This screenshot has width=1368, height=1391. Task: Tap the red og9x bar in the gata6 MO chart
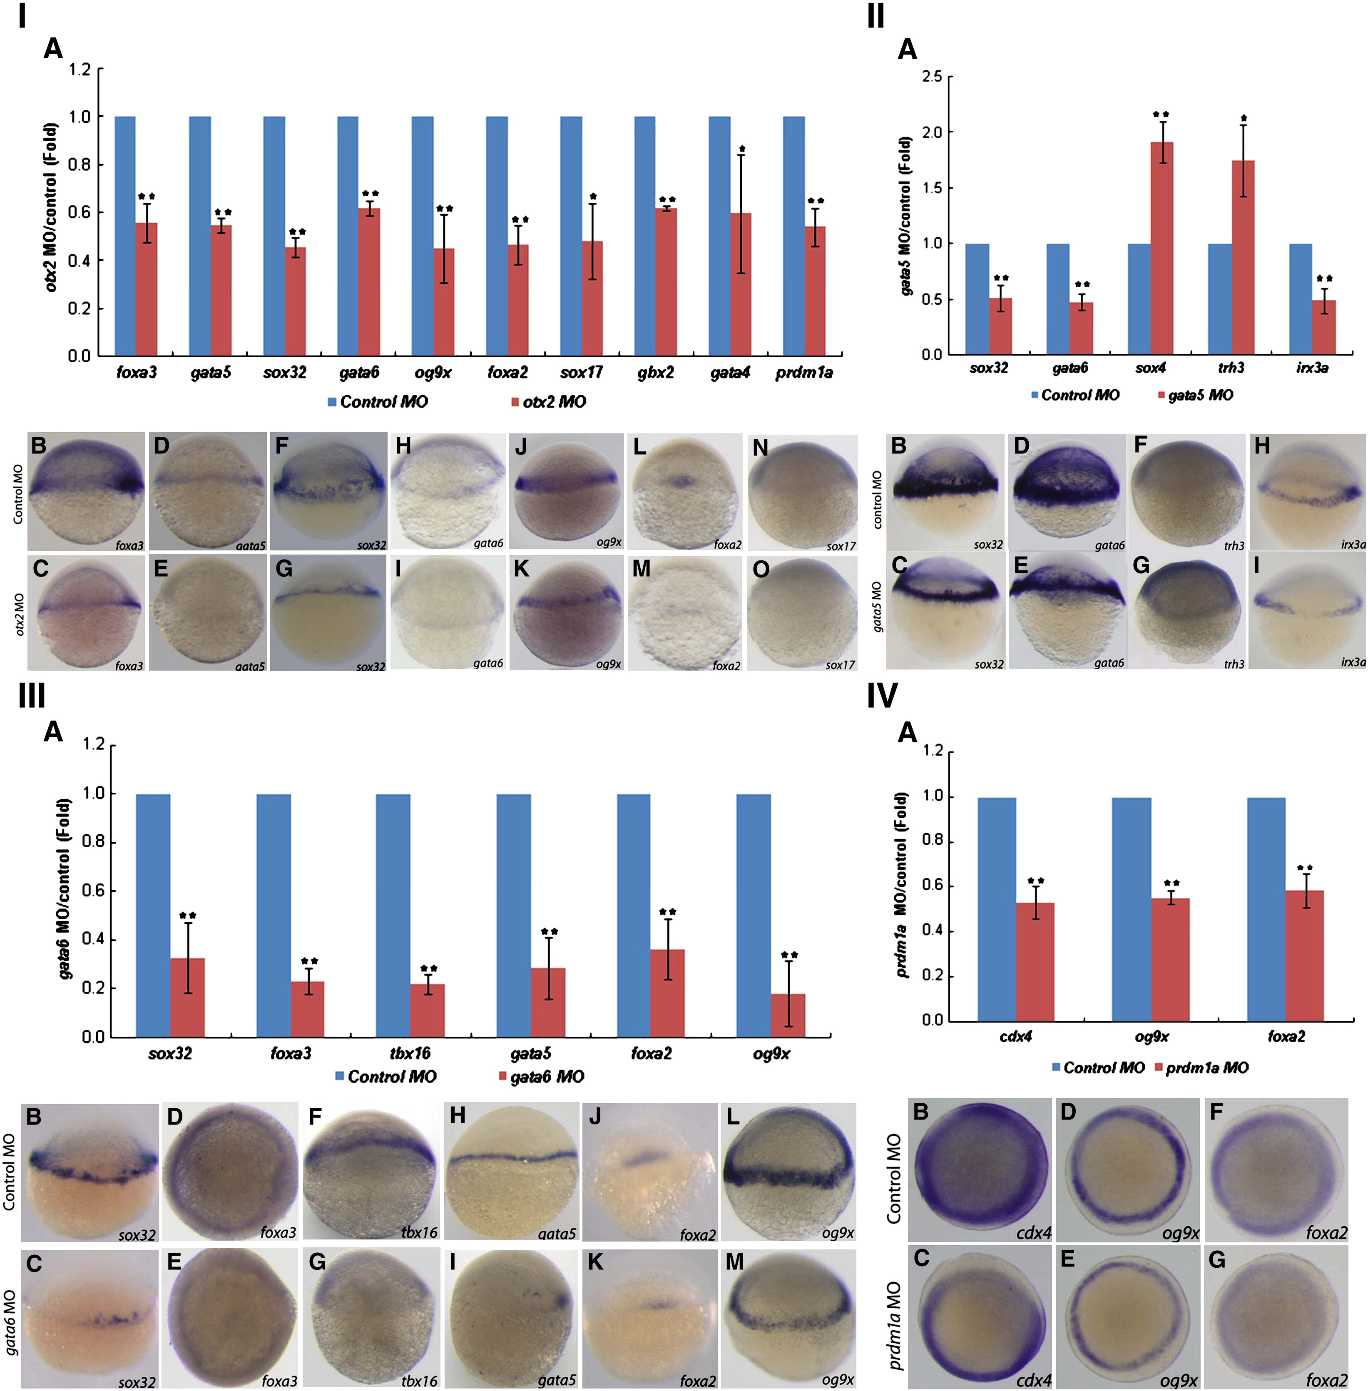coord(788,1015)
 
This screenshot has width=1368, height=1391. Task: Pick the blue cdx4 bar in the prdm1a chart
coord(997,909)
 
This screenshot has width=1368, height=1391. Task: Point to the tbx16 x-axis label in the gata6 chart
coord(410,1053)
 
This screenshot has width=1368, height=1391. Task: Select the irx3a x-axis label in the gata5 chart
coord(1312,368)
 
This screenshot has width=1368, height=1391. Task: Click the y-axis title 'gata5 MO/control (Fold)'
coord(905,216)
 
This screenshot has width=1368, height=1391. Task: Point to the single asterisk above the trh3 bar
coord(1244,119)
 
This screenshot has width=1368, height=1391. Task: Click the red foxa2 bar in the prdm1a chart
coord(1304,956)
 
